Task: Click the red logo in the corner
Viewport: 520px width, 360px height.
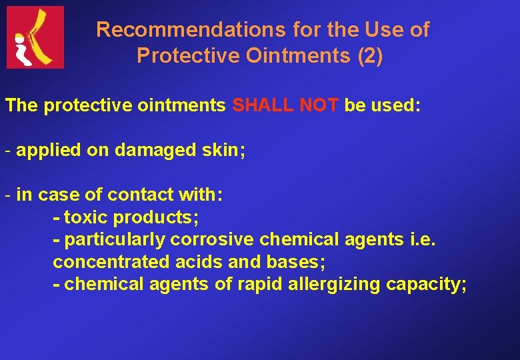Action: point(35,37)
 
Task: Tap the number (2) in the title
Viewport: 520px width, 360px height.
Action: point(370,56)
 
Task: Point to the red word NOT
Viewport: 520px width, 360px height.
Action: point(319,106)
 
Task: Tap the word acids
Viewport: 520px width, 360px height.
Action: point(193,263)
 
